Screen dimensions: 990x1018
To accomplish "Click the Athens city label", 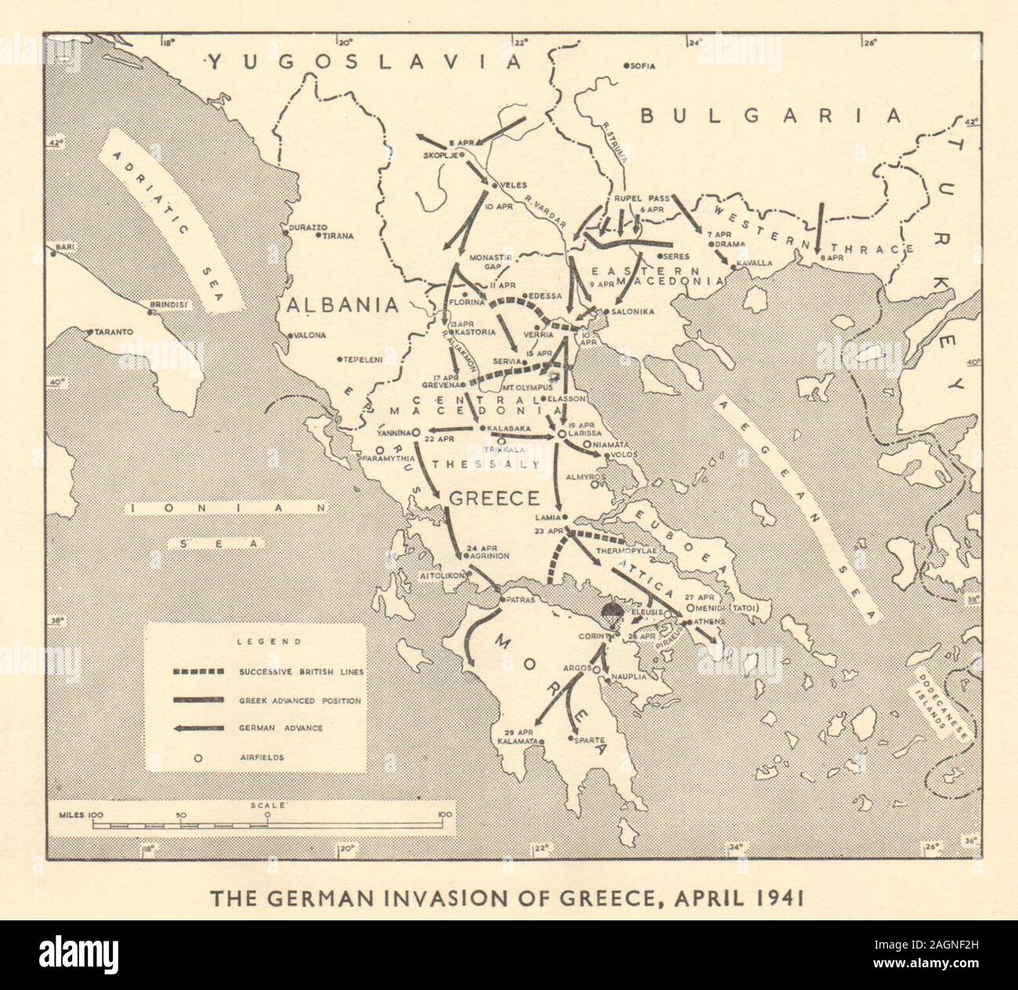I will point(707,621).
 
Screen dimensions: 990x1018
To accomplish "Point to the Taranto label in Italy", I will point(114,332).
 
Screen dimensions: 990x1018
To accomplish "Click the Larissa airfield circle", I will point(561,434).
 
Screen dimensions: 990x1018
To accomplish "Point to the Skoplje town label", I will point(439,154).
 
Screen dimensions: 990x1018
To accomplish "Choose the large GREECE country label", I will point(493,499).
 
